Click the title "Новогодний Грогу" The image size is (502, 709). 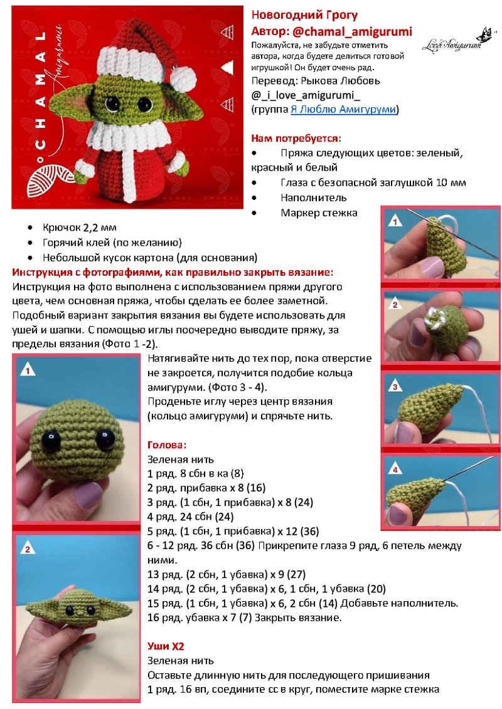(x=305, y=15)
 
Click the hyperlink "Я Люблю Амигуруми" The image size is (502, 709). (x=343, y=110)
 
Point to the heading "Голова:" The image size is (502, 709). (x=167, y=444)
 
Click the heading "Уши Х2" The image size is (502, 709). (x=166, y=645)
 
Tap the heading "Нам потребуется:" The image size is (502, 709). (x=296, y=138)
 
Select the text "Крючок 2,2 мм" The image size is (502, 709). (x=80, y=228)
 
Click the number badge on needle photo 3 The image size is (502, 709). (x=395, y=387)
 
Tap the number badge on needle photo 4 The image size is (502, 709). (x=395, y=470)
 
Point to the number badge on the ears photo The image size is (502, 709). (x=28, y=549)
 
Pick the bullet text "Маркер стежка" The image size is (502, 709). (x=319, y=213)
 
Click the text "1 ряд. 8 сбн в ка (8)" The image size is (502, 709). (x=196, y=474)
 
